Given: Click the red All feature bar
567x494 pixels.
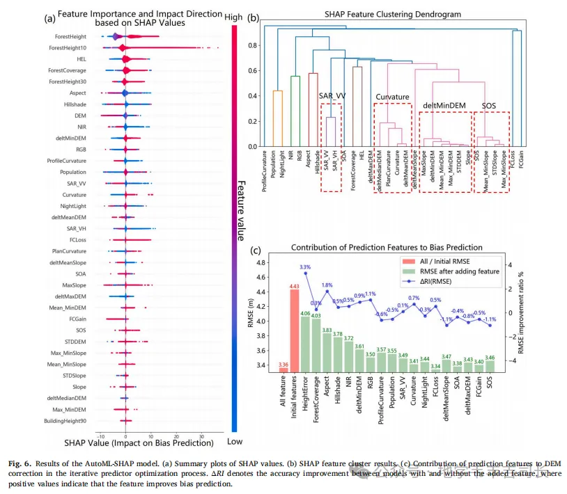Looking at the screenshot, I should [283, 368].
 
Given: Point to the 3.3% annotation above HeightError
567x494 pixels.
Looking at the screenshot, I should [305, 266].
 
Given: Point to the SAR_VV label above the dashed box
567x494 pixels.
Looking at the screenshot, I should [332, 95].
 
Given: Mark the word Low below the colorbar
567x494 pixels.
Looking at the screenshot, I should [235, 441].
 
